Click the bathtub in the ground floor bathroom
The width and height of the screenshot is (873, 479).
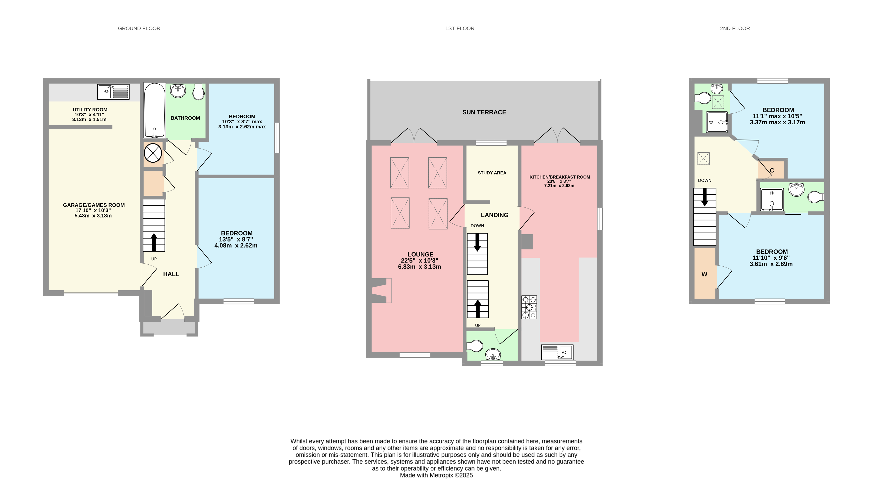[155, 110]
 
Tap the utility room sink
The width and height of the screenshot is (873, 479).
[113, 92]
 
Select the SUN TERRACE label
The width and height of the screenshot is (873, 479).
[484, 112]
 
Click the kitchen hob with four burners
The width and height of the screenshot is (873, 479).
[529, 307]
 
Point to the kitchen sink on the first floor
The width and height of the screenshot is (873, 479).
[557, 352]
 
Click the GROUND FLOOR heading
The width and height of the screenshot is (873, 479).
[139, 28]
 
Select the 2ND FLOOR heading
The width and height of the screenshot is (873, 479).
[735, 28]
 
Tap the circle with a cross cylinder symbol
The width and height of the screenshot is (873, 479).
[153, 153]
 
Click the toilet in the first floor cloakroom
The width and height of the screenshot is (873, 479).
[475, 346]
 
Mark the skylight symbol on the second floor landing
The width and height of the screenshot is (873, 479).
[703, 158]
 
